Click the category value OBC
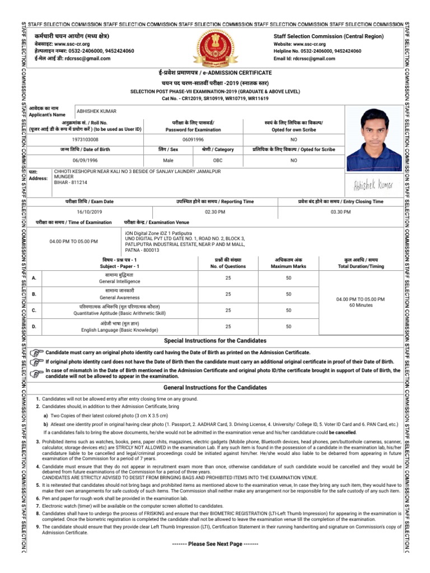pyautogui.click(x=217, y=160)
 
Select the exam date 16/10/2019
pyautogui.click(x=90, y=212)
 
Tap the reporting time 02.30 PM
pyautogui.click(x=214, y=212)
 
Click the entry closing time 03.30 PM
pyautogui.click(x=340, y=212)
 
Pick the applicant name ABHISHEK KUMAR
pyautogui.click(x=96, y=111)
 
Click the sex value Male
pyautogui.click(x=169, y=160)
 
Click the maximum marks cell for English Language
pyautogui.click(x=288, y=326)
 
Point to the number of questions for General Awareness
pyautogui.click(x=228, y=294)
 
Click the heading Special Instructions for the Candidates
pyautogui.click(x=214, y=341)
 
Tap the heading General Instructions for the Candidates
pyautogui.click(x=214, y=387)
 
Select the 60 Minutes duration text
pyautogui.click(x=361, y=306)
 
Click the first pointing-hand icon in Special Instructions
pyautogui.click(x=36, y=353)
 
